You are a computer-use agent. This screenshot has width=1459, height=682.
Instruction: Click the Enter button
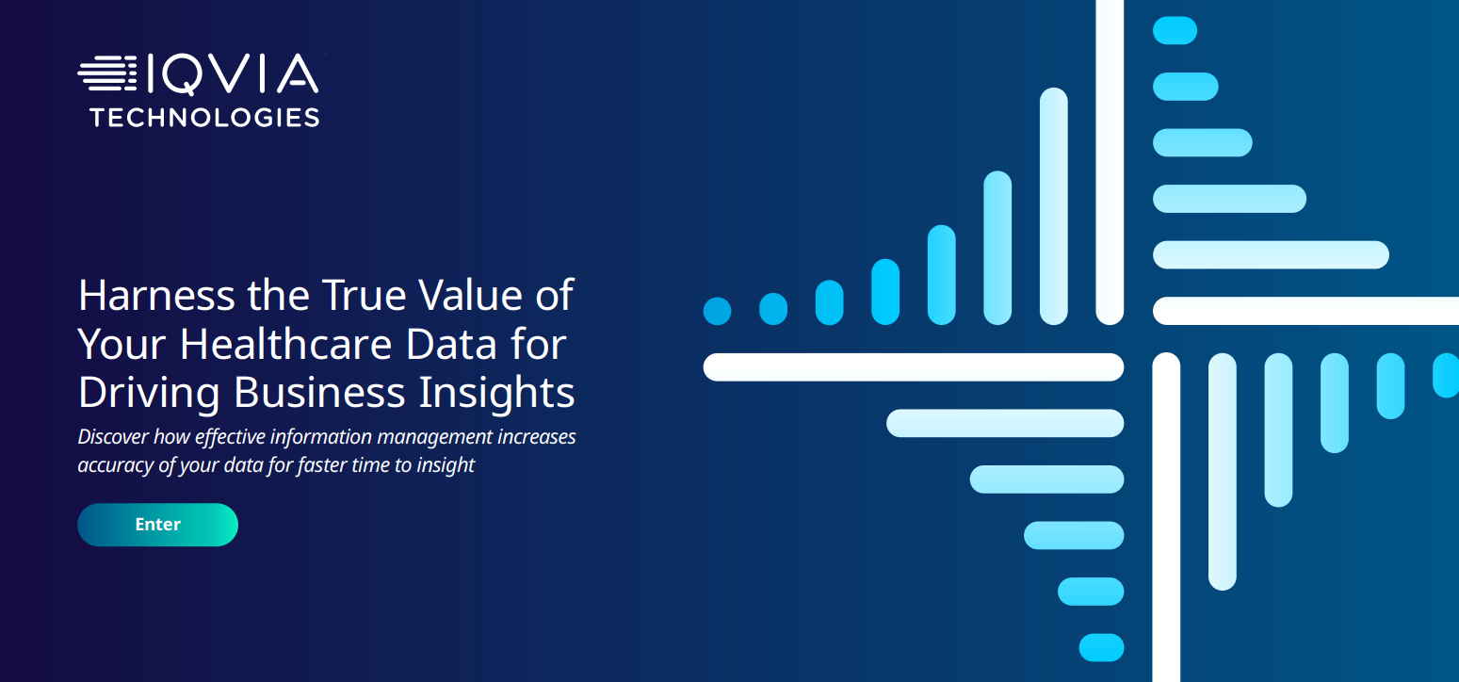[x=157, y=525]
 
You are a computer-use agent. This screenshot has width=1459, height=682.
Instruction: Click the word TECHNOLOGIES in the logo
[x=204, y=118]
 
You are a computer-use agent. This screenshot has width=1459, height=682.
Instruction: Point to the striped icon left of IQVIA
[x=107, y=73]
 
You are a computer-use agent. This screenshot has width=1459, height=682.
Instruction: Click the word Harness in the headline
[x=156, y=295]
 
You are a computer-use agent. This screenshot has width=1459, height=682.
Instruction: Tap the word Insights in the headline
[x=496, y=393]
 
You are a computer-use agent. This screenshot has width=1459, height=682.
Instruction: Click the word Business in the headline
[x=319, y=392]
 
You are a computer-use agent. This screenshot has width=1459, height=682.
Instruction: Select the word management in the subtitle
[x=434, y=437]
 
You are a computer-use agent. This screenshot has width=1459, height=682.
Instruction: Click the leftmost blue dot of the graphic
[x=717, y=311]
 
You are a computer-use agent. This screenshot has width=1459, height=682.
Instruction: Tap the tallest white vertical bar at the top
[x=1110, y=162]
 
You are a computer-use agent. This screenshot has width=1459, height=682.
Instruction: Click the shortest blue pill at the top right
[x=1175, y=31]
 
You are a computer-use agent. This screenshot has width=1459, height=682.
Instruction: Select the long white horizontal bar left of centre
[x=914, y=367]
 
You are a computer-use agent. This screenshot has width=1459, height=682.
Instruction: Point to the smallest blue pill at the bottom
[x=1101, y=647]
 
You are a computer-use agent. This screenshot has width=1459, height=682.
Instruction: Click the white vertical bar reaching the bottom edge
[x=1166, y=517]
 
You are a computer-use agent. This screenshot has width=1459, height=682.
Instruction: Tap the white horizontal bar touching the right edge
[x=1305, y=311]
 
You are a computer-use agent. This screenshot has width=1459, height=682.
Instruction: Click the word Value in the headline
[x=470, y=295]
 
